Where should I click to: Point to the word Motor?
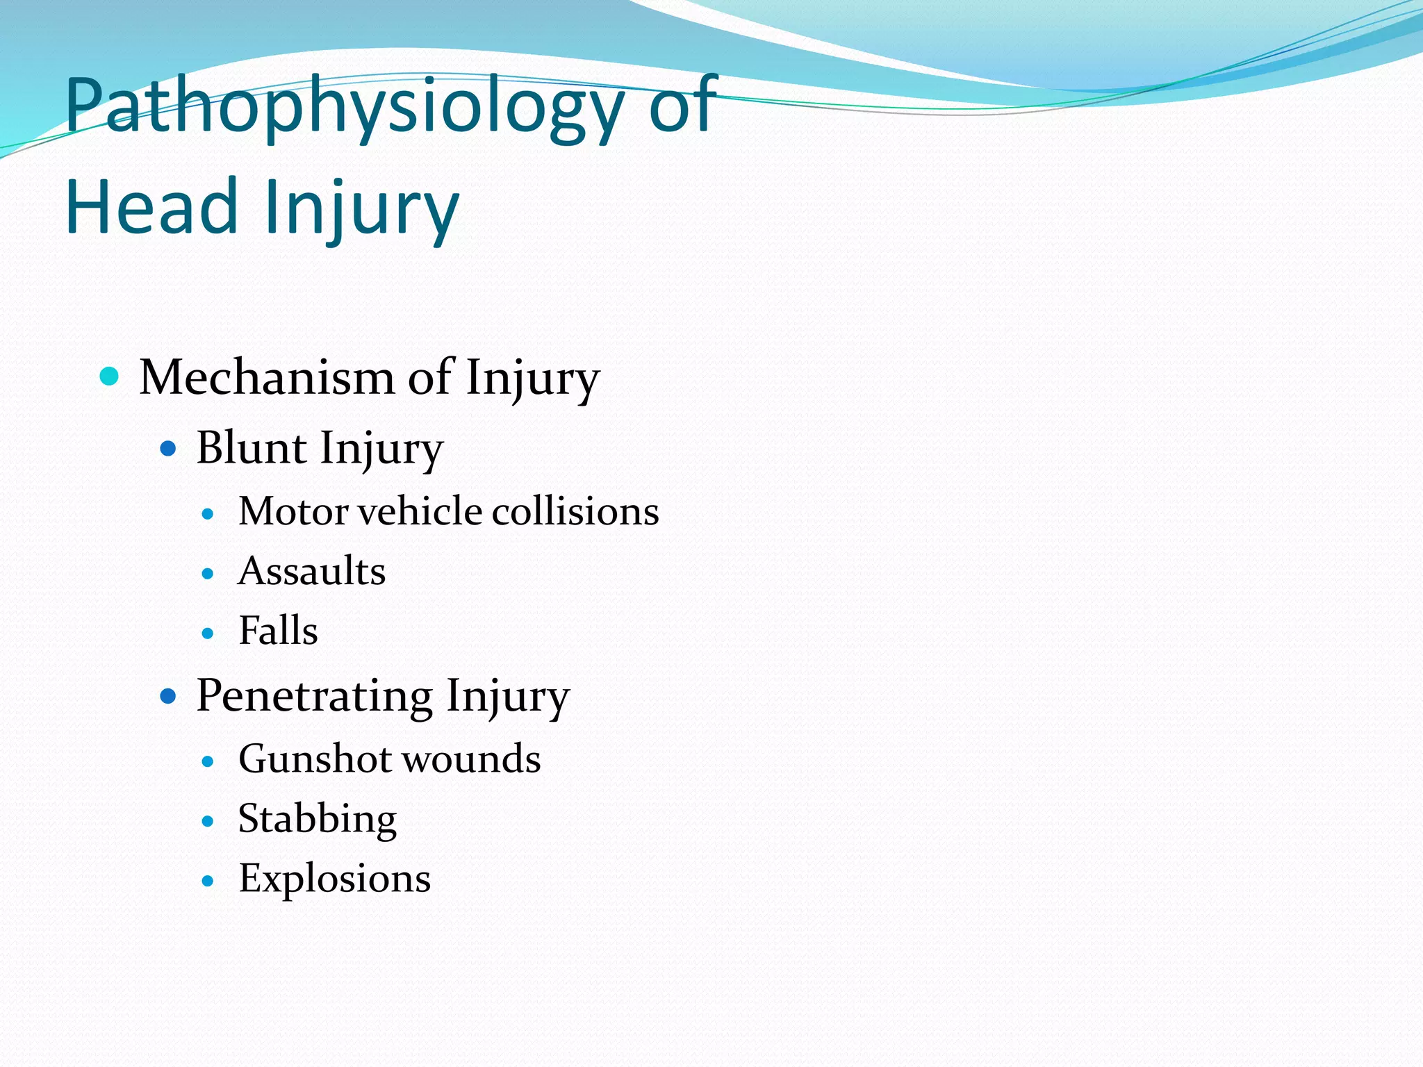click(293, 511)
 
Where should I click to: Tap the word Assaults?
click(312, 571)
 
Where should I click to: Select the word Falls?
click(278, 631)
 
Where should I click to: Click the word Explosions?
click(335, 879)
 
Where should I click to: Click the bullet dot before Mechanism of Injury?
click(110, 377)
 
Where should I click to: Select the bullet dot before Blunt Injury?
click(168, 449)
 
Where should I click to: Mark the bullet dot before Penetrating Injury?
click(168, 696)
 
